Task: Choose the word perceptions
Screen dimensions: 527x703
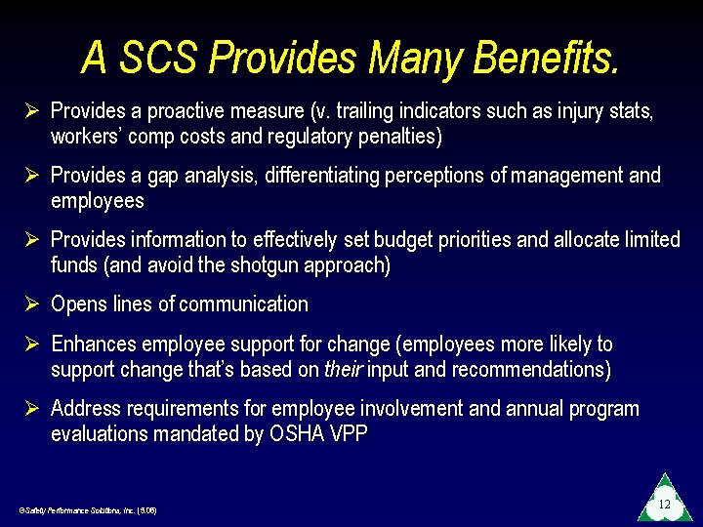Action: tap(441, 176)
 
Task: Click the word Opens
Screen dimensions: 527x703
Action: tap(80, 304)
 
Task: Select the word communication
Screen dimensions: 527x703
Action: tap(243, 304)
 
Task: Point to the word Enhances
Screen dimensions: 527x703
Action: tap(94, 345)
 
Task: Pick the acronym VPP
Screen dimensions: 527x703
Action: tap(350, 434)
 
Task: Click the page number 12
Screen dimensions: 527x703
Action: tap(664, 505)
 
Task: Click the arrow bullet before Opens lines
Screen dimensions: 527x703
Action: tap(30, 304)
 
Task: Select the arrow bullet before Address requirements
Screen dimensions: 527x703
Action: tap(30, 409)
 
